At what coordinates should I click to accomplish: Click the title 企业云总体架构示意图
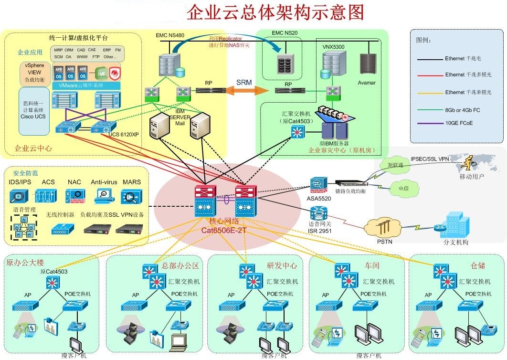[275, 13]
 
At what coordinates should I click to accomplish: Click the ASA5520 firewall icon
[317, 184]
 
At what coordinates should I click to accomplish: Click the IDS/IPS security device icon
[19, 196]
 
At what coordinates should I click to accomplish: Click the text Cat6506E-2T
[224, 230]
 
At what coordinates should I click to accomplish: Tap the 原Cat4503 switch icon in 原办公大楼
[53, 283]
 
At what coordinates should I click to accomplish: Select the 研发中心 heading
[282, 265]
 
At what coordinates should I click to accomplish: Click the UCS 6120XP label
[123, 134]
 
